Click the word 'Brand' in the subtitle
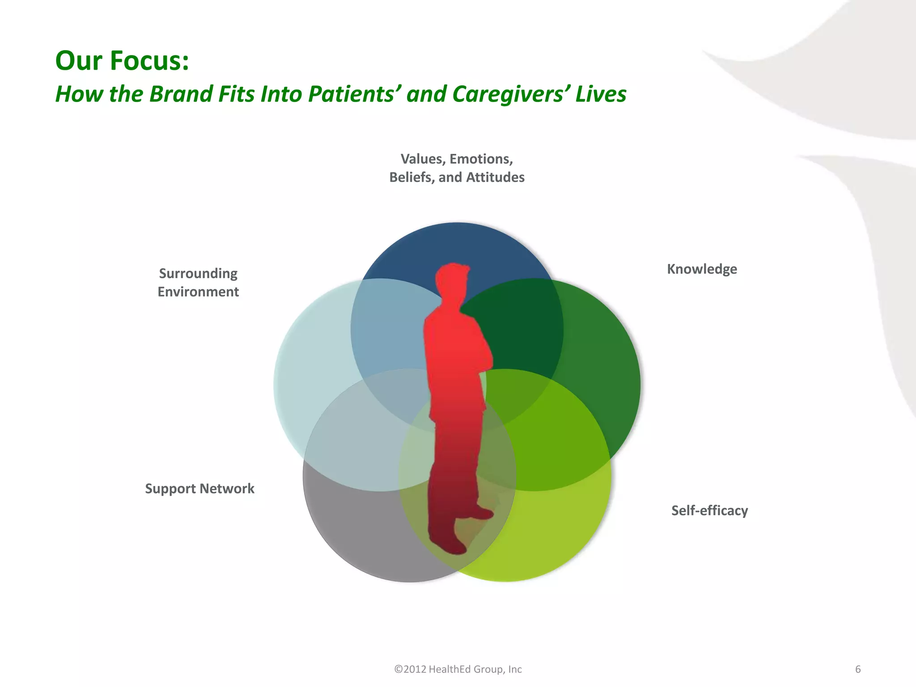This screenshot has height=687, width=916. (181, 94)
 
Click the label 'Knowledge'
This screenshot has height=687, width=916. (702, 269)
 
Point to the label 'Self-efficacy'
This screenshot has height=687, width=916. (709, 510)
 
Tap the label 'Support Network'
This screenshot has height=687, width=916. (199, 488)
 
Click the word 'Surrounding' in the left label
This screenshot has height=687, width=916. (198, 273)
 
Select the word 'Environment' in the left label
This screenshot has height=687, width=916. (198, 292)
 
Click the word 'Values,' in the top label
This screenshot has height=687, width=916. (423, 159)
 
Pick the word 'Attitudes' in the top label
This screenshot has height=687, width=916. (495, 178)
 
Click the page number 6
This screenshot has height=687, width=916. (858, 669)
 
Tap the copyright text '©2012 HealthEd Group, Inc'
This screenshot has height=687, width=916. (458, 669)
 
